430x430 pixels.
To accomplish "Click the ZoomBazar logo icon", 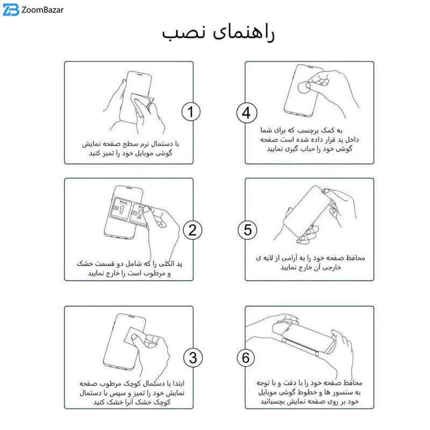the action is pos(11,10).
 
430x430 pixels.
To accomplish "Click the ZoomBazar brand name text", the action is pos(42,10).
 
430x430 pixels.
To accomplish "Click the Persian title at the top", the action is pos(218,33).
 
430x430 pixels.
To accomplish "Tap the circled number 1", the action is pos(191,112).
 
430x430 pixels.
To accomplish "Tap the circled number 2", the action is pos(192,230).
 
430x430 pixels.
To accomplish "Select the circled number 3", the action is pos(193,357).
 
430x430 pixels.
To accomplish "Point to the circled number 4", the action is pos(247,113).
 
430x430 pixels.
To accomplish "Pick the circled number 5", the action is pos(247,230).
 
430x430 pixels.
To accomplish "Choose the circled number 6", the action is pos(246,357).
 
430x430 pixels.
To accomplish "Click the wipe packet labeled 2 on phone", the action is pos(138,214).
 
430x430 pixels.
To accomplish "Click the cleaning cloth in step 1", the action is pos(141,104).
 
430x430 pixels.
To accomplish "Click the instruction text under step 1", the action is pos(131,148).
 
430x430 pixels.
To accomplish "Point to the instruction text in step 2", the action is pos(129,268).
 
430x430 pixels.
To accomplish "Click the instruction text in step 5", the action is pos(311,262).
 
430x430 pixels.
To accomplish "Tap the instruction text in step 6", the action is pos(310,392).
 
